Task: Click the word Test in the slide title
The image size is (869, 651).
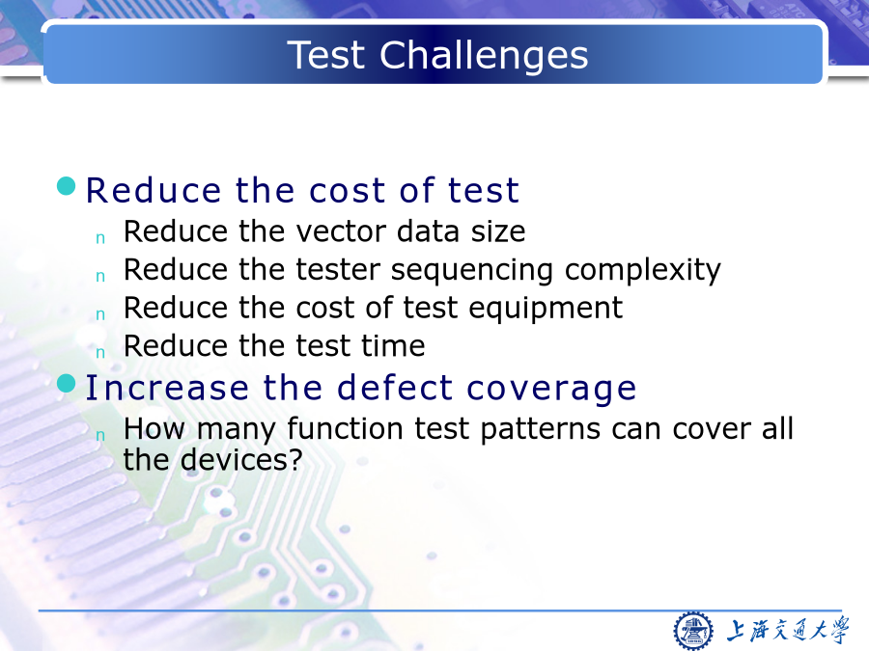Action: click(x=326, y=55)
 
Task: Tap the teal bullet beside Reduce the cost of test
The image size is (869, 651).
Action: click(x=67, y=186)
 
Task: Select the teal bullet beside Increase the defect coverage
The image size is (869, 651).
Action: click(x=67, y=383)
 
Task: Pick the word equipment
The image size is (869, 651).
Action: click(x=546, y=310)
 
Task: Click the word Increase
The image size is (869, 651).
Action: click(x=167, y=388)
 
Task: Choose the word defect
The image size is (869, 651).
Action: click(x=395, y=388)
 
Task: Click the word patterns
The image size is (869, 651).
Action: click(x=541, y=430)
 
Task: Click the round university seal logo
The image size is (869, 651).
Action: click(x=692, y=631)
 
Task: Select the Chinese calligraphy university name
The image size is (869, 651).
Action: click(x=788, y=631)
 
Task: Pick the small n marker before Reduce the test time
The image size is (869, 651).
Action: click(x=100, y=353)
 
